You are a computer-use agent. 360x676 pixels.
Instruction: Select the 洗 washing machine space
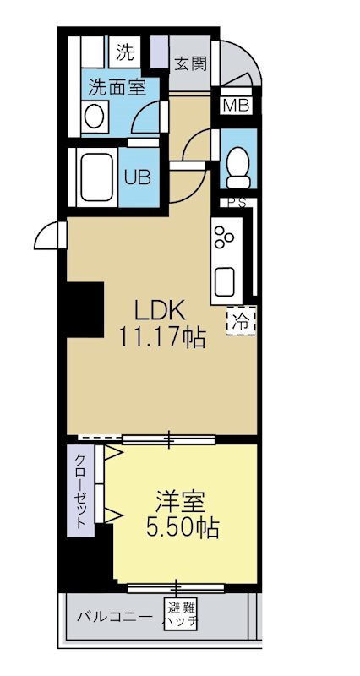124,53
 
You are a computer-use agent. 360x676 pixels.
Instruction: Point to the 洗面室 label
118,86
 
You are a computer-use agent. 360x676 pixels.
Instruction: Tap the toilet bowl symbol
238,164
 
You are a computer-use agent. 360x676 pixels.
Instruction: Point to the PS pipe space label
236,204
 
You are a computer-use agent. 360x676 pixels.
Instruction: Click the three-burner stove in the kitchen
226,237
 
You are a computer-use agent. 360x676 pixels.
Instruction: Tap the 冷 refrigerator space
241,320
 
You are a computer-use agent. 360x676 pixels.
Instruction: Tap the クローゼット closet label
80,491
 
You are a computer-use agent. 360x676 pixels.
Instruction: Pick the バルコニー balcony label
113,615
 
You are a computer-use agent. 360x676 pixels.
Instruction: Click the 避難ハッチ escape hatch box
181,614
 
